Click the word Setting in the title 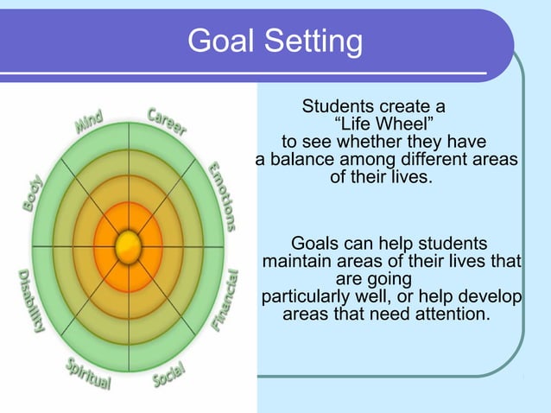(307, 41)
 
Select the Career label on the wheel (167, 121)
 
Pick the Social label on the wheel (168, 373)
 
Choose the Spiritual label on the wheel (89, 374)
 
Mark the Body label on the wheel (31, 194)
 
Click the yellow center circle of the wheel (128, 246)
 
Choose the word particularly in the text (306, 296)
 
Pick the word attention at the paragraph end (450, 314)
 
